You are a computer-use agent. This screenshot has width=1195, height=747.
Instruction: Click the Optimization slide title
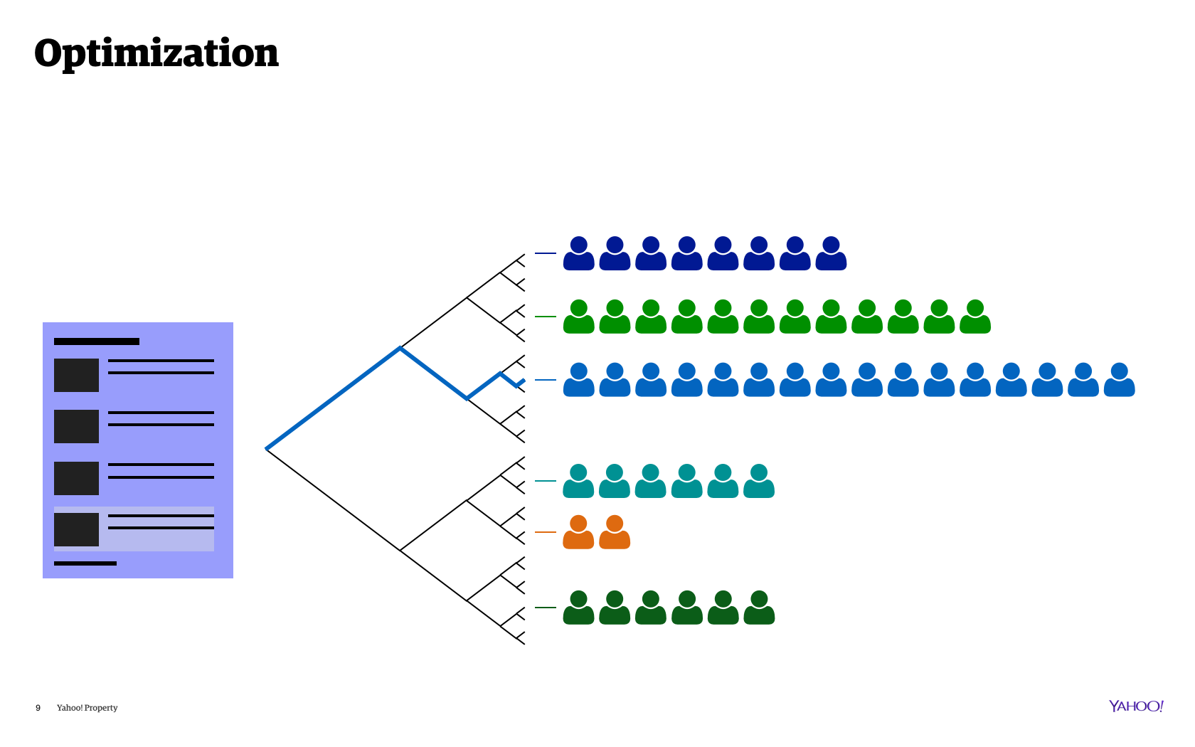pos(156,53)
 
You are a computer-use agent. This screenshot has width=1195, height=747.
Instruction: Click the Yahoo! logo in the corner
pos(1136,706)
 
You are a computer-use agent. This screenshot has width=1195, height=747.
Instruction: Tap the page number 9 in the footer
pos(38,708)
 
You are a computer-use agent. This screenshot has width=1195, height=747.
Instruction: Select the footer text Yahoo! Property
pos(87,708)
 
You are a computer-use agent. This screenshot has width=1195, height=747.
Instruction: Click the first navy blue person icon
pos(579,254)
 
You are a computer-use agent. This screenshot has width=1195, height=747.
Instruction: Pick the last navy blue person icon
pos(831,254)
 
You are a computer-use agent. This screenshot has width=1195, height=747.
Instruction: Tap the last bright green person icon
pos(975,317)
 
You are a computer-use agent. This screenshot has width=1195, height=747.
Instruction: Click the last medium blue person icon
pos(1120,381)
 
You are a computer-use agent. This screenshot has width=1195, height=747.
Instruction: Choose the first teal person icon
pos(579,482)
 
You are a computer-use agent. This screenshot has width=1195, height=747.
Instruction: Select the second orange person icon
pos(615,533)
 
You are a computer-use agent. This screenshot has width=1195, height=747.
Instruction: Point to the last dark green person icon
pos(759,608)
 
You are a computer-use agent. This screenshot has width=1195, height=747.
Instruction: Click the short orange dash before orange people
pos(546,532)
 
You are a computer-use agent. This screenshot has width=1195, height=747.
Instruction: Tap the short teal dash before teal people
pos(546,481)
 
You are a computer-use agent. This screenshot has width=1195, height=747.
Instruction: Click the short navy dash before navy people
pos(546,253)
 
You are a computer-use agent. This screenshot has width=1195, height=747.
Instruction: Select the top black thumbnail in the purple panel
pos(76,375)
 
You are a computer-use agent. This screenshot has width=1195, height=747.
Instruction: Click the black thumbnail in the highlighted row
pos(76,529)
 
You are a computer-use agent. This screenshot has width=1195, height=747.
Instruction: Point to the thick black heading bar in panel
pos(97,341)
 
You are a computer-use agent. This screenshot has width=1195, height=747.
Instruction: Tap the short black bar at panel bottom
pos(85,563)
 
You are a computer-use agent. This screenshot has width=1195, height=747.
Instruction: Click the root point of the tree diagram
pos(267,449)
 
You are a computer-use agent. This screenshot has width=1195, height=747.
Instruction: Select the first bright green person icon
pos(579,317)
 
